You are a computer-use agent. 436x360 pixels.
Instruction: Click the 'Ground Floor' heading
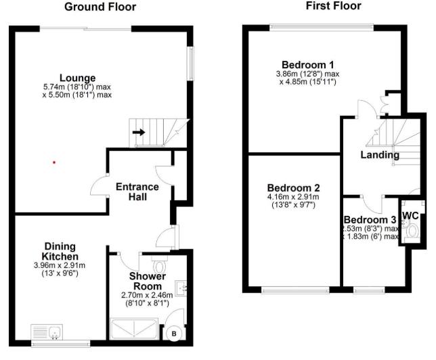(x=100, y=7)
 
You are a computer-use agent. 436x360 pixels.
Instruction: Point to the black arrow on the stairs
(x=138, y=132)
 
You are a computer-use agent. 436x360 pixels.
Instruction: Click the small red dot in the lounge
(x=54, y=162)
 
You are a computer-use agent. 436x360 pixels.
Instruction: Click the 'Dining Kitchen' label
(x=61, y=251)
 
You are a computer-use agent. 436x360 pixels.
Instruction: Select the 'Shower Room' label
(x=147, y=281)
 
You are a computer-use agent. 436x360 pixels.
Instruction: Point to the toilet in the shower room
(x=160, y=260)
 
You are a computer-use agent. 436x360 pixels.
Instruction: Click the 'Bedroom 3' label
(x=370, y=220)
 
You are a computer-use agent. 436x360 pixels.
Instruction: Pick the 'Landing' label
(x=379, y=155)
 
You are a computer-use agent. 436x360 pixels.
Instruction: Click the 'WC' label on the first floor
(x=410, y=216)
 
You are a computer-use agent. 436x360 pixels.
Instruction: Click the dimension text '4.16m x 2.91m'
(x=293, y=197)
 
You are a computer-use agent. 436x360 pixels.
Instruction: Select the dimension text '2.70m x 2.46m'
(x=147, y=295)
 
